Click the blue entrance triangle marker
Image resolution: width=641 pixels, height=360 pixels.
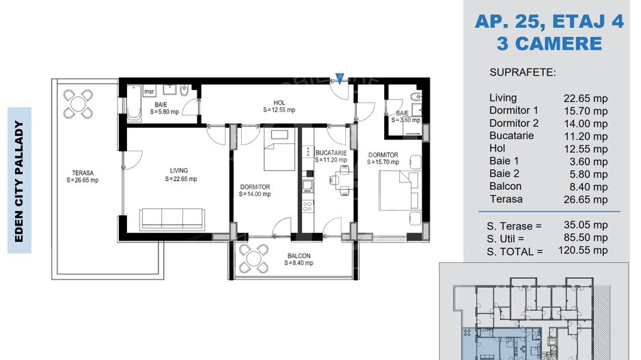click(340, 78)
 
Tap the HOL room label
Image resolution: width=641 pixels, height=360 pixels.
click(279, 102)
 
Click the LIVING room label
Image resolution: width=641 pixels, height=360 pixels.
click(179, 170)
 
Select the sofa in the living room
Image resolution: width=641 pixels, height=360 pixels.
click(172, 219)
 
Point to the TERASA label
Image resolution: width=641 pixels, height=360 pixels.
click(83, 173)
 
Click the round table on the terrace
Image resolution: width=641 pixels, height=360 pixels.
click(78, 104)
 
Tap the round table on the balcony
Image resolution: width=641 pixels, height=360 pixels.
click(254, 258)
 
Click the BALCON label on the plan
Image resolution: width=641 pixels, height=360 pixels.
click(299, 255)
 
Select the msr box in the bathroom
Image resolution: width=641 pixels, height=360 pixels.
click(149, 92)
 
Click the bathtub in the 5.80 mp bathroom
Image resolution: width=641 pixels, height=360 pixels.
click(134, 103)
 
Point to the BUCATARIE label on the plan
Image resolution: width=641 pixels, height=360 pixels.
click(331, 153)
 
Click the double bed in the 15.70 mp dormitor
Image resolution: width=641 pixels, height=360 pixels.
click(398, 191)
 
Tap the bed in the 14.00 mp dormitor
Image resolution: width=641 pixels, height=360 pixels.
click(279, 150)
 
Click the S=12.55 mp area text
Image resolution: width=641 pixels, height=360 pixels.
click(279, 110)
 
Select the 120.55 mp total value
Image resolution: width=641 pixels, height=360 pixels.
click(583, 250)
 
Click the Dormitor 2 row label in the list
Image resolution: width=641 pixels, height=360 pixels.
click(514, 123)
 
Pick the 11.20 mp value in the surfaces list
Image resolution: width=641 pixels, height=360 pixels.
click(586, 136)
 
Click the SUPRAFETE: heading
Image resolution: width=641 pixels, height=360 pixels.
click(523, 72)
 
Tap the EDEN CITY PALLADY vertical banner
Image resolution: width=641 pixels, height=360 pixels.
click(19, 180)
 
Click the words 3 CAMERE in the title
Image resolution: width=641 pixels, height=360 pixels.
click(549, 44)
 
